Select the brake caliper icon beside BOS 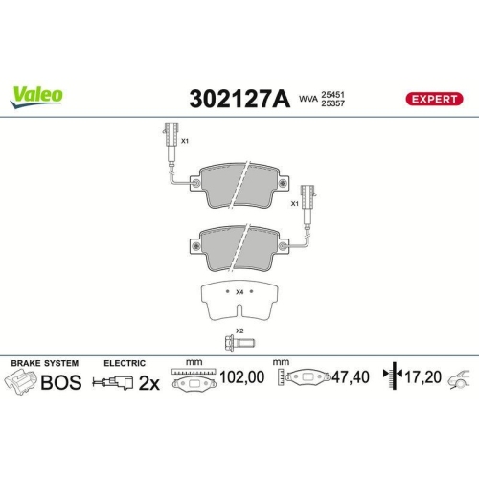[21, 383]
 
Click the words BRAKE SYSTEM [43, 363]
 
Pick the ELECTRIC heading [125, 363]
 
